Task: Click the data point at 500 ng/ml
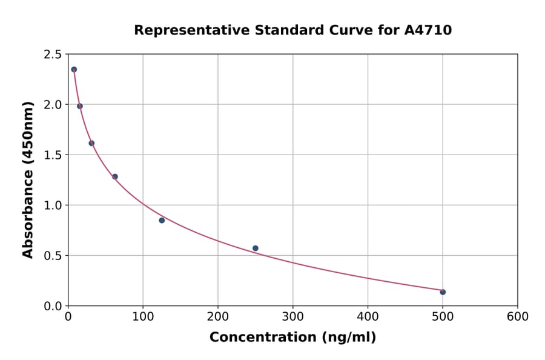click(443, 292)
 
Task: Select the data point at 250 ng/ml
click(256, 248)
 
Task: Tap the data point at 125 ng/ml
click(162, 220)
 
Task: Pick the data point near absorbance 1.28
click(115, 176)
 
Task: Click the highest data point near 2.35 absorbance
click(74, 70)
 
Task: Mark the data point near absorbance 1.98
click(80, 106)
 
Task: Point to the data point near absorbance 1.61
click(91, 143)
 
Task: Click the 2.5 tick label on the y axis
click(52, 55)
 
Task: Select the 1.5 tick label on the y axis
click(52, 155)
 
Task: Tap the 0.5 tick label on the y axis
click(52, 256)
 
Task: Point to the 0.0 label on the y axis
click(52, 306)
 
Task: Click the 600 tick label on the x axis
click(517, 317)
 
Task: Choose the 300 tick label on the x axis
click(292, 317)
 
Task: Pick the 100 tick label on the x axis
click(143, 317)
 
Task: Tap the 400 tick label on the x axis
click(368, 317)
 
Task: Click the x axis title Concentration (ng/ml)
click(292, 338)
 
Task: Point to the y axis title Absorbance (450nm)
click(28, 179)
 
